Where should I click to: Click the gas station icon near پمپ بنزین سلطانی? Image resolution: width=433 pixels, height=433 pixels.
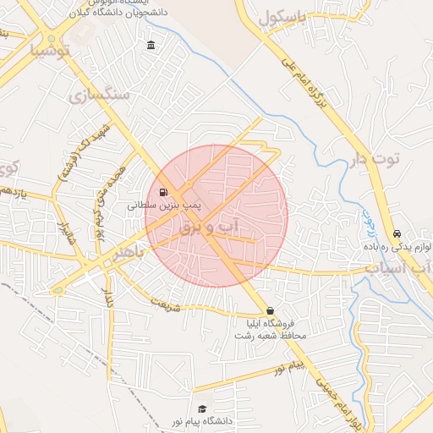(x=162, y=192)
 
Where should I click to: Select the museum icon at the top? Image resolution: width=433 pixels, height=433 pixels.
(x=151, y=45)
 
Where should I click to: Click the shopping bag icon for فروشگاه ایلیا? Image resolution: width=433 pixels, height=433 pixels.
(x=270, y=310)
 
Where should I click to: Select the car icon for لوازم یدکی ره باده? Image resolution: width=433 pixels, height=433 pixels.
(x=397, y=234)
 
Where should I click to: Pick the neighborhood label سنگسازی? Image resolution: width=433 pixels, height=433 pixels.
(x=107, y=93)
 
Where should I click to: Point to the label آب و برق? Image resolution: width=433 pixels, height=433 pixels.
(x=211, y=227)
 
